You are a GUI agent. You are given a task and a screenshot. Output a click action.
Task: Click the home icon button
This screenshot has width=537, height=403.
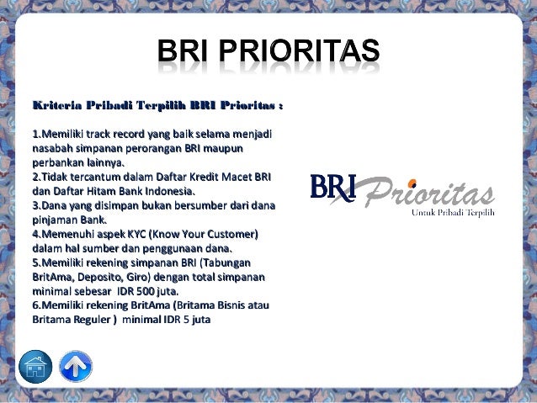tap(35, 367)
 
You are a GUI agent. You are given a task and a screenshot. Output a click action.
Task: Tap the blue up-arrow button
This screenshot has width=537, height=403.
tap(76, 367)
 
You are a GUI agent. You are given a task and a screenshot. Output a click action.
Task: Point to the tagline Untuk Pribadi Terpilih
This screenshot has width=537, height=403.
tap(452, 213)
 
